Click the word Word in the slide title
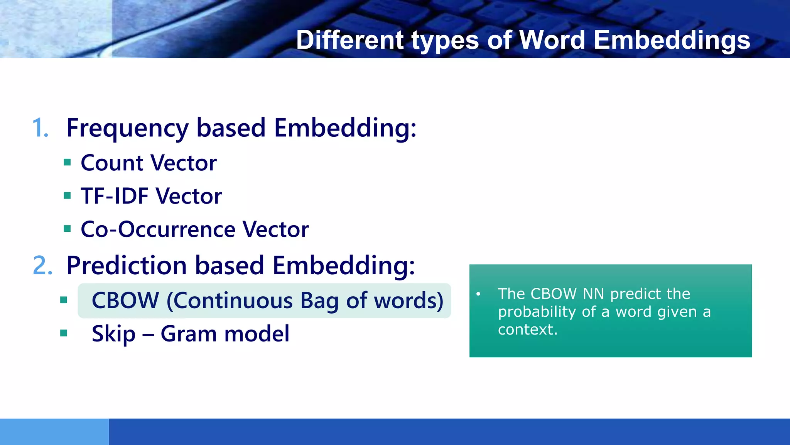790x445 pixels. tap(552, 40)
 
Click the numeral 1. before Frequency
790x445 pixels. tap(41, 128)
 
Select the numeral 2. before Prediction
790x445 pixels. tap(42, 265)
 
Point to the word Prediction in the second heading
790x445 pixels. tap(127, 265)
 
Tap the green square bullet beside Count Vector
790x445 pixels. tap(68, 162)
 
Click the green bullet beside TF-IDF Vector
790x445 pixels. tap(68, 195)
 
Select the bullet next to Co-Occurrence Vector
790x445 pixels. tap(68, 229)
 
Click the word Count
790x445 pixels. tap(112, 163)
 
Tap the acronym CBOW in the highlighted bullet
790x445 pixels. tap(125, 301)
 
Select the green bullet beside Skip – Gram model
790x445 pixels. tap(64, 333)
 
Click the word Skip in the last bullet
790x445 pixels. tap(113, 334)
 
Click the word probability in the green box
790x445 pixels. tap(537, 312)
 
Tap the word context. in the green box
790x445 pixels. tap(528, 330)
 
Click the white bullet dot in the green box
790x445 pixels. tap(478, 294)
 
